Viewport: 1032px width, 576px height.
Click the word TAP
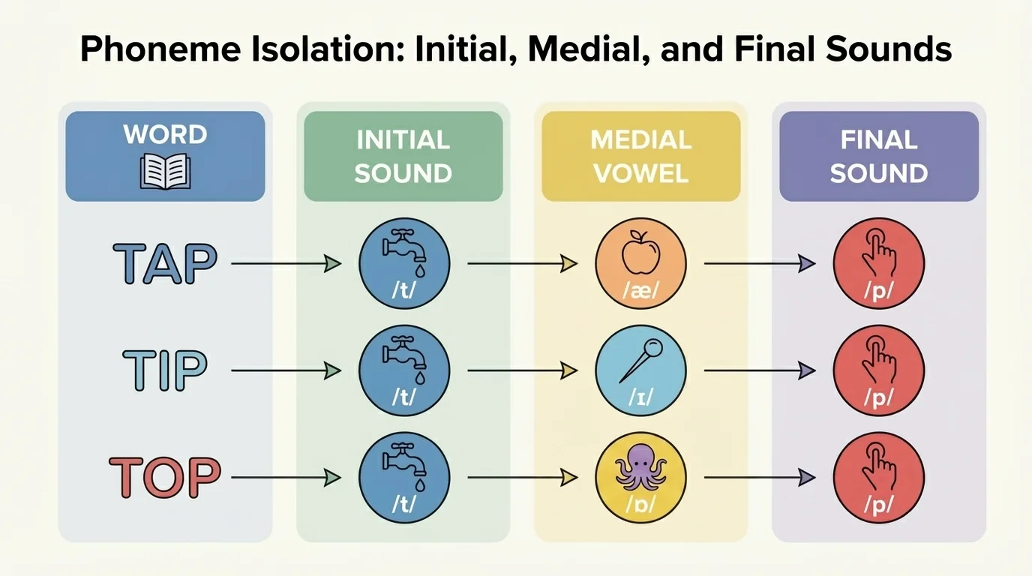(166, 263)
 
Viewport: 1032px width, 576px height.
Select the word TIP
(166, 370)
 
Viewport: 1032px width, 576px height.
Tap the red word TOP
(166, 476)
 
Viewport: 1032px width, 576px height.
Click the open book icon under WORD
(165, 170)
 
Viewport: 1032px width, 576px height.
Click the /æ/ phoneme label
(640, 291)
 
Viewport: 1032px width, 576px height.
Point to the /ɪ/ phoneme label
(640, 398)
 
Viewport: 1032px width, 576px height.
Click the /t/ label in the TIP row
(403, 398)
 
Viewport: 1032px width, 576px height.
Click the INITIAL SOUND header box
(403, 156)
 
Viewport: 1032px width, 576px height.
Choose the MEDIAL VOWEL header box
(640, 156)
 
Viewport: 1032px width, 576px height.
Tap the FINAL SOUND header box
(878, 156)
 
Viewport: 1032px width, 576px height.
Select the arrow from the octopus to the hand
(760, 477)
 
